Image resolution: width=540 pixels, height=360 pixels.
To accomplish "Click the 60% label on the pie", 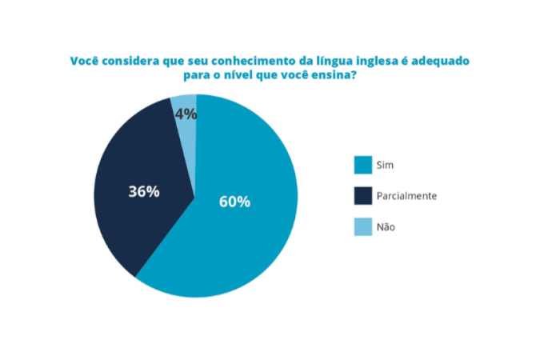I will coord(234,202).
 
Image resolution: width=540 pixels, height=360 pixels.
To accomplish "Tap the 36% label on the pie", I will coord(144,192).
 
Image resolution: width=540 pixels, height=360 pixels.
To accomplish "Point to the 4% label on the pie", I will coord(186,114).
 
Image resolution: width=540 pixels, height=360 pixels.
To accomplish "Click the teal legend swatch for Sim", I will coord(363,165).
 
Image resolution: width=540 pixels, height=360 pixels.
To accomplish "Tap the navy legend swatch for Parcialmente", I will coord(363,195).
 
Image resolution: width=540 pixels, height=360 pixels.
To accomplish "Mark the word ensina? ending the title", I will coord(335,76).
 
